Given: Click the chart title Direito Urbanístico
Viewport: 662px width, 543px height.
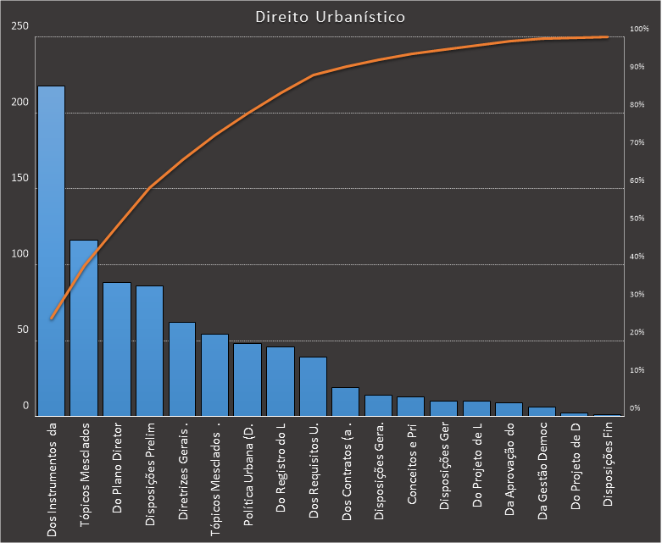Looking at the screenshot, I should coord(330,16).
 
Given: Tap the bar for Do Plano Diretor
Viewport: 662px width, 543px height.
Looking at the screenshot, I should coord(117,349).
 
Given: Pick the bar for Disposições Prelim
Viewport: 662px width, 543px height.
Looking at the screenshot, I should coord(150,351).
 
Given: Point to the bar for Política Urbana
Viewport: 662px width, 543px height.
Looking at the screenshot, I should coord(248,380).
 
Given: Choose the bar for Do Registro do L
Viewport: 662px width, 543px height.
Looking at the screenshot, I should coord(281,381).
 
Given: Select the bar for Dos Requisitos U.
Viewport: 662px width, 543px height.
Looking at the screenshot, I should coord(313,386).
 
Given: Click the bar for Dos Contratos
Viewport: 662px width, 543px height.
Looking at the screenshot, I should coord(346,402).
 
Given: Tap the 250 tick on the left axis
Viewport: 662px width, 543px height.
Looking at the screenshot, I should coord(20,26).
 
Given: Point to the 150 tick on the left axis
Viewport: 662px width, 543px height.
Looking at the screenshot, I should coord(20,179).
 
